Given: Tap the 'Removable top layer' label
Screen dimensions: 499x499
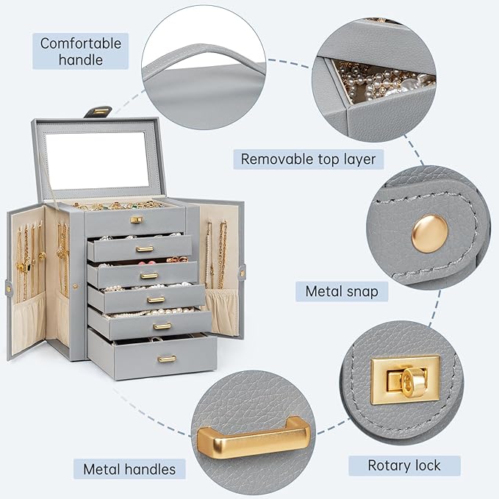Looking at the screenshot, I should [x=309, y=159].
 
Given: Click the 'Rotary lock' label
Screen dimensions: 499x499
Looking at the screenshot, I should [x=404, y=465].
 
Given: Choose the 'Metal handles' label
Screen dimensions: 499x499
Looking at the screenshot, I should [x=129, y=469].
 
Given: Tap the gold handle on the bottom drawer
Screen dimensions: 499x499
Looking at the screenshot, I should [x=167, y=359].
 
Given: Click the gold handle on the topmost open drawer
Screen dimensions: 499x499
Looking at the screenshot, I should [x=145, y=248].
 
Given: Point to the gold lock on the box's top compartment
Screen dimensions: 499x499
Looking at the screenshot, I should [x=136, y=219].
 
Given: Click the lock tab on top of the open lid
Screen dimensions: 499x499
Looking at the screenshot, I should [x=98, y=112].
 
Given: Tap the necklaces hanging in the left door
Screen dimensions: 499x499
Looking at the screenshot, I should [x=27, y=257].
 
